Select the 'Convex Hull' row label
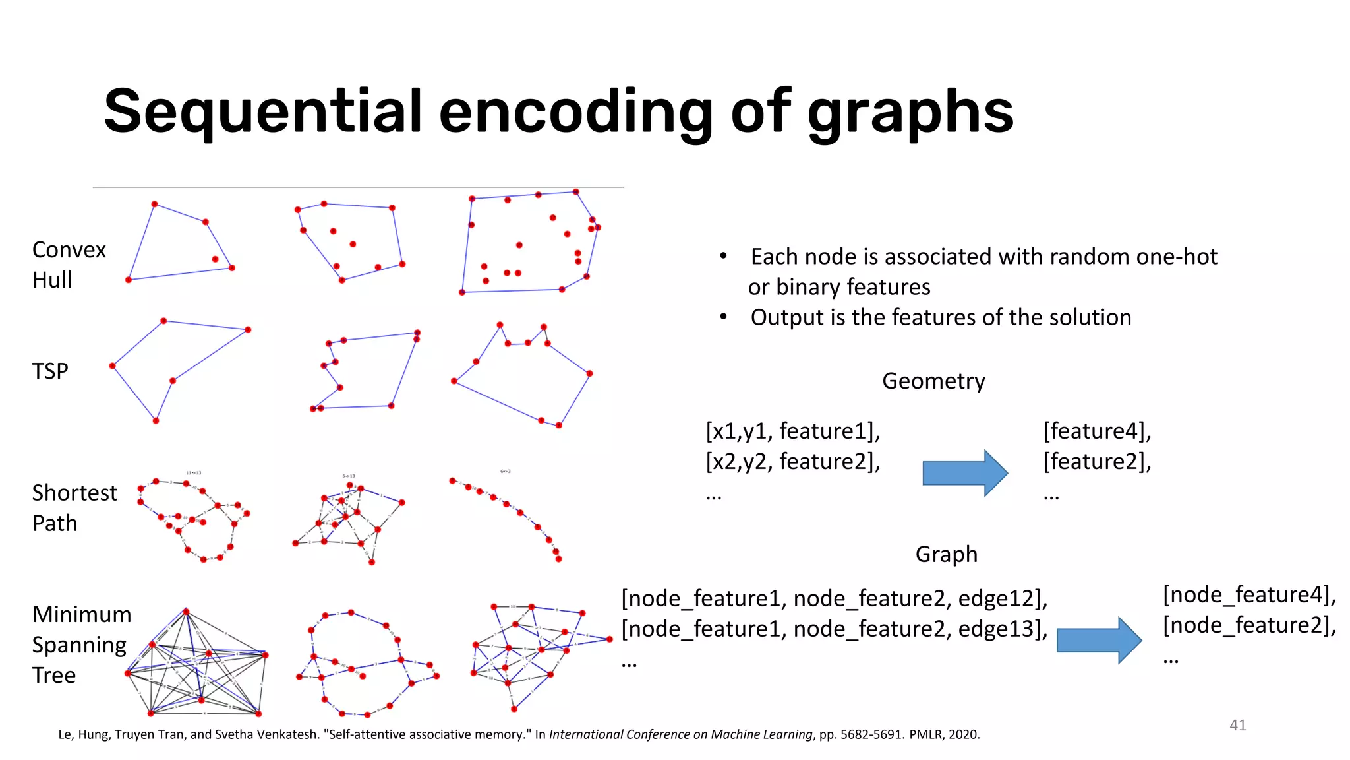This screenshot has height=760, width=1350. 69,265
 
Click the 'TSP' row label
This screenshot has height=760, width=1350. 50,371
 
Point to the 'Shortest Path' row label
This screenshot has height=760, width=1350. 74,508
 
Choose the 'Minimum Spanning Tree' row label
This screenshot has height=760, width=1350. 81,645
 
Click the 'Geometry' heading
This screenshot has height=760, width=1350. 933,381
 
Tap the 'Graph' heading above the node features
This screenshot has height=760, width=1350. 946,554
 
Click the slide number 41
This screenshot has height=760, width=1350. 1237,725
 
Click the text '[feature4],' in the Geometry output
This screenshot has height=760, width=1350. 1097,431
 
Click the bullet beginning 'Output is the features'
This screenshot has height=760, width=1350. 940,318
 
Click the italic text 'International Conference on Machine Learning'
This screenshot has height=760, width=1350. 680,734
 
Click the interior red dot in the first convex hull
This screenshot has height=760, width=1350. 215,259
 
